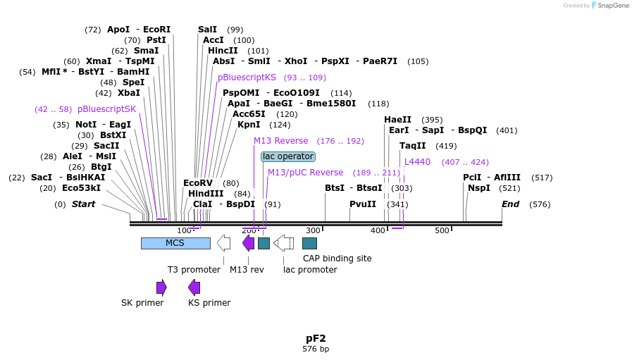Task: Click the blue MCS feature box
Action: (x=175, y=243)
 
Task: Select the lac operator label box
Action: (x=287, y=156)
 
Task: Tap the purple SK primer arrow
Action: (x=161, y=287)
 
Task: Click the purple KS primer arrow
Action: (x=194, y=287)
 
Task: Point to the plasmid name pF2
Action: (x=316, y=338)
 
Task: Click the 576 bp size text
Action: (x=316, y=349)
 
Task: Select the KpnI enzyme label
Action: (x=249, y=125)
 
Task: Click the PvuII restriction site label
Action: (x=363, y=204)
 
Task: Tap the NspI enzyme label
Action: (x=478, y=188)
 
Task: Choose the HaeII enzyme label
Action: (x=397, y=120)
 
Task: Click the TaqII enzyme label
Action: (x=412, y=146)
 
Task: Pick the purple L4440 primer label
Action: (x=417, y=162)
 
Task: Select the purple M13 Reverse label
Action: (x=280, y=141)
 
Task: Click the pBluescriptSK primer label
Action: (x=106, y=109)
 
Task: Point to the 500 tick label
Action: (x=442, y=231)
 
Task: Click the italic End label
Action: (x=510, y=204)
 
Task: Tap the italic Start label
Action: (x=83, y=204)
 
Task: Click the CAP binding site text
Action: (x=337, y=259)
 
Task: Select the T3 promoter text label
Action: (x=194, y=269)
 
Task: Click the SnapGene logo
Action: (x=611, y=6)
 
